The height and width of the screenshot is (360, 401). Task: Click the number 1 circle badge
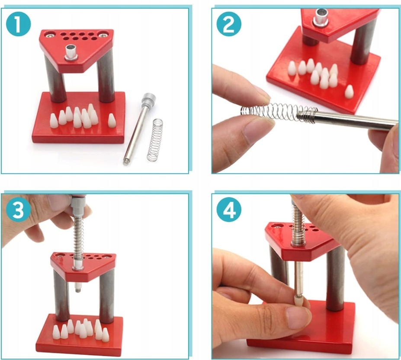[x=18, y=24]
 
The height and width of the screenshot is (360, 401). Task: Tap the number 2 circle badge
[x=229, y=24]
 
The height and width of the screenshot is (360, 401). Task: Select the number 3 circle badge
[x=18, y=210]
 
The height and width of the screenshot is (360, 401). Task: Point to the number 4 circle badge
[x=229, y=210]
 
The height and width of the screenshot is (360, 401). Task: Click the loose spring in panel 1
[x=155, y=140]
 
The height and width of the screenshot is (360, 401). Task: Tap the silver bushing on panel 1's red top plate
[x=71, y=53]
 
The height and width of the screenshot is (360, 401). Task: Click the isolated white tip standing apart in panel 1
[x=111, y=121]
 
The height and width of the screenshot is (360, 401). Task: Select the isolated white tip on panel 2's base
[x=349, y=92]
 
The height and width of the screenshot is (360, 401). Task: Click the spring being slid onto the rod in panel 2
[x=279, y=112]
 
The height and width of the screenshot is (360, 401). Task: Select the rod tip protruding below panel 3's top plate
[x=77, y=288]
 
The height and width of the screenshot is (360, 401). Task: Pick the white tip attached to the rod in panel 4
[x=298, y=302]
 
